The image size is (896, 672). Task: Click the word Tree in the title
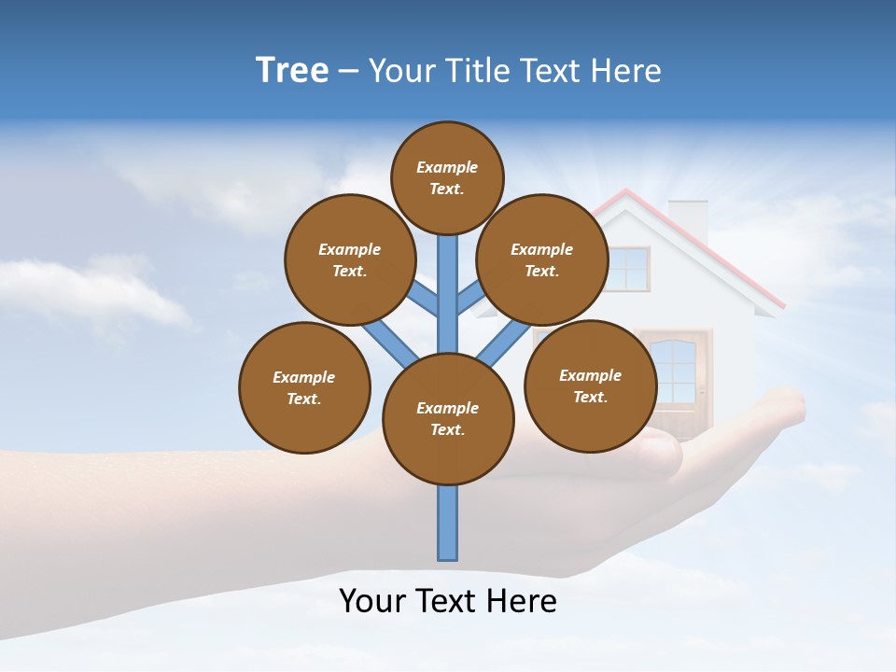click(x=292, y=71)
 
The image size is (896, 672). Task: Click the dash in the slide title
click(x=348, y=72)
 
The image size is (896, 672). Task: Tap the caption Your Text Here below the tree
click(x=447, y=600)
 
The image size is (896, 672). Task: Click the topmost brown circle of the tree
click(x=447, y=177)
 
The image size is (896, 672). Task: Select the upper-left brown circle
click(x=350, y=259)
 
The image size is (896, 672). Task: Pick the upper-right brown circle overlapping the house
click(x=542, y=259)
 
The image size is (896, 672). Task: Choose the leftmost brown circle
click(x=304, y=387)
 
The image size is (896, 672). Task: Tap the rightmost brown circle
click(x=590, y=385)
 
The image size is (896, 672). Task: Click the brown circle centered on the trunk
click(x=448, y=418)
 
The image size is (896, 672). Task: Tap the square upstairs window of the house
click(x=629, y=269)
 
